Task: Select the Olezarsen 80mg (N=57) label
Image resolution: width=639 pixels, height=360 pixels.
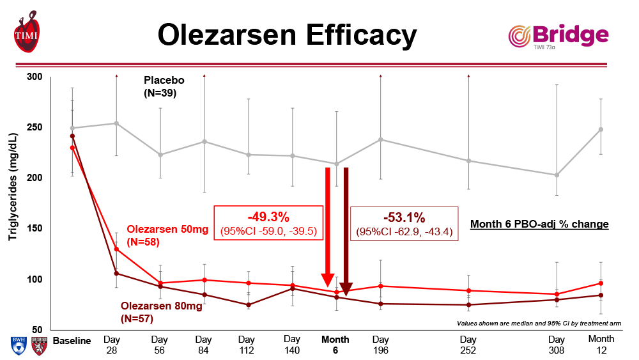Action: [x=161, y=312]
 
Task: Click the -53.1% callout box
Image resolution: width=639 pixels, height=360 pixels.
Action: [x=404, y=223]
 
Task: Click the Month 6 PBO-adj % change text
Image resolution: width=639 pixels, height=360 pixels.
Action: [x=539, y=224]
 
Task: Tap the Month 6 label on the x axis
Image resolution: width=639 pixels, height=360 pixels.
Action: [x=335, y=344]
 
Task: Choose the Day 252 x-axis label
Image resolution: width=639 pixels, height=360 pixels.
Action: [x=468, y=344]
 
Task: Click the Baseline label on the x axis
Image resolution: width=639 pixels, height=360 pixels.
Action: [x=72, y=340]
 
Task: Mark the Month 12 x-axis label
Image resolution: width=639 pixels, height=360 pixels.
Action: [x=601, y=344]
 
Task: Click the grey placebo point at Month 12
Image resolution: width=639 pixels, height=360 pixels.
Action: [x=601, y=129]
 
